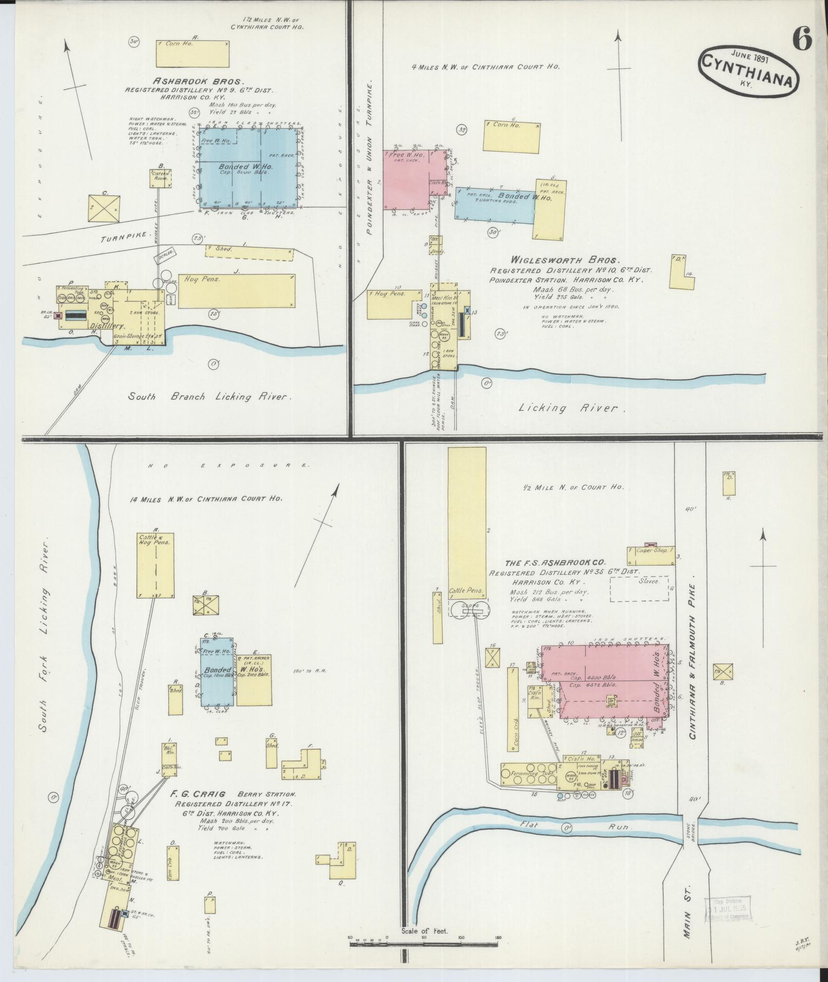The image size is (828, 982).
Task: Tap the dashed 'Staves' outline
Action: coord(640,588)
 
